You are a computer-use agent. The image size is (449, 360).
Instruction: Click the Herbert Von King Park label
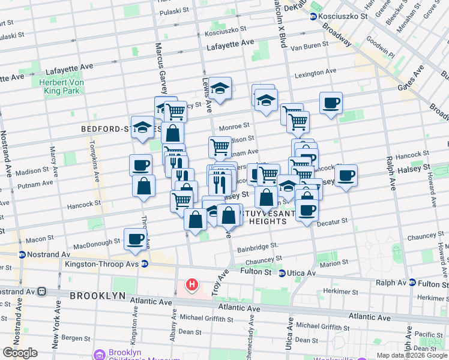(x=57, y=87)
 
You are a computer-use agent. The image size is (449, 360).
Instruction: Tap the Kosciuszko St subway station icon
(x=313, y=16)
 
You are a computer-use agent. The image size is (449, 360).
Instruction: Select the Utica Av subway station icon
(x=282, y=274)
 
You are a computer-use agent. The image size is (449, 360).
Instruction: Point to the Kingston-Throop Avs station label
(x=109, y=264)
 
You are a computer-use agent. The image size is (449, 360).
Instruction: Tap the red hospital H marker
(x=192, y=284)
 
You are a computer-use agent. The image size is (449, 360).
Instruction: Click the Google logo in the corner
(x=20, y=353)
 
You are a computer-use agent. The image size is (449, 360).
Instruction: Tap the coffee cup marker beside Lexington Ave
(x=331, y=103)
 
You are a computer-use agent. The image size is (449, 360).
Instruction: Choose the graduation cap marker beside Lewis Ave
(x=220, y=88)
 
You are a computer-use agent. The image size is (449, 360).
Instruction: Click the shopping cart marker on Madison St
(x=220, y=146)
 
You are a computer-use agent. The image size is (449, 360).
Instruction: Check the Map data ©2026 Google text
(x=411, y=355)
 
